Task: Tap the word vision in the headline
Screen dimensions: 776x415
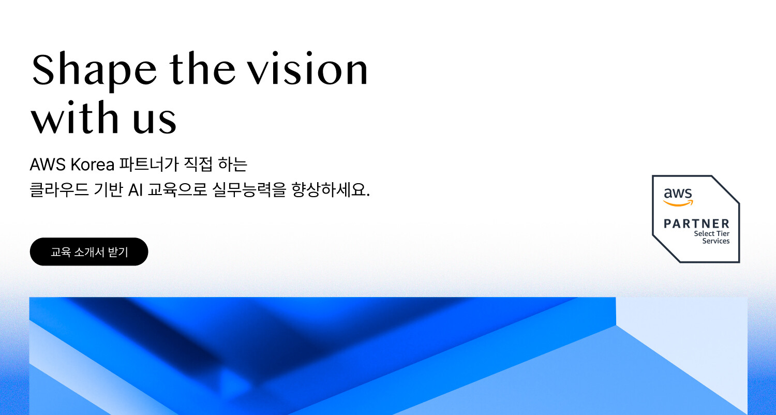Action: click(308, 68)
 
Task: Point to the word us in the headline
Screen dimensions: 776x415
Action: click(155, 121)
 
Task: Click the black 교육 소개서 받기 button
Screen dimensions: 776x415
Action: click(89, 251)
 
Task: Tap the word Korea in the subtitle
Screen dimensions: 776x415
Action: click(93, 164)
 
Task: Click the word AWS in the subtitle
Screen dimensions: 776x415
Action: click(48, 164)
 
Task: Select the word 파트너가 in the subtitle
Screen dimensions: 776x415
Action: click(148, 164)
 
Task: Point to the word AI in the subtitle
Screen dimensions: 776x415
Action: click(136, 190)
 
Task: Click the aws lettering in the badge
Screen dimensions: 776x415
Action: click(678, 193)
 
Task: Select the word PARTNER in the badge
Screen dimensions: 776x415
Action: click(697, 224)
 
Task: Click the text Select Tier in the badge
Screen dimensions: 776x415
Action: click(711, 233)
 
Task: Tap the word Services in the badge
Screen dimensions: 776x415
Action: click(715, 241)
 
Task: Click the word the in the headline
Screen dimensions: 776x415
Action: click(203, 68)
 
